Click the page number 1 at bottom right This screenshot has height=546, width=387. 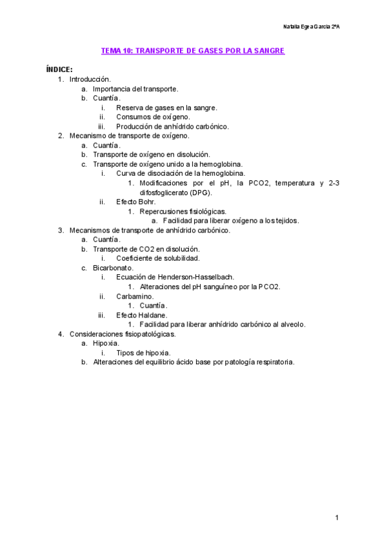pos(337,518)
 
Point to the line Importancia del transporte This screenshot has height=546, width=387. pos(135,89)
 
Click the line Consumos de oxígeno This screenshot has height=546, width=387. pos(153,117)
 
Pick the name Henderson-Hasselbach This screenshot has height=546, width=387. pos(197,277)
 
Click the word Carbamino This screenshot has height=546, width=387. pos(135,296)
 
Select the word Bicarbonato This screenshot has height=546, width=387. pos(113,267)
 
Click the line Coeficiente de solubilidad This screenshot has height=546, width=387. pos(157,258)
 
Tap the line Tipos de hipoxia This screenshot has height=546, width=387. pos(143,353)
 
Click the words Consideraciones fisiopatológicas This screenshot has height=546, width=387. pos(123,334)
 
